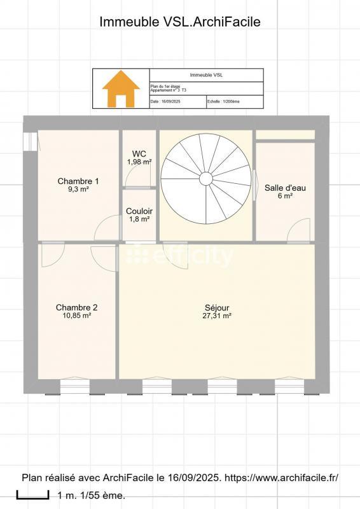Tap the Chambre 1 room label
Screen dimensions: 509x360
click(78, 181)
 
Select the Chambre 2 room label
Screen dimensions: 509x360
click(76, 307)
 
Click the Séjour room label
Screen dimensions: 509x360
click(218, 307)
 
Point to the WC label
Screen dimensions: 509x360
click(139, 154)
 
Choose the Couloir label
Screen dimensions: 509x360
click(139, 211)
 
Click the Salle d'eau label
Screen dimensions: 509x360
click(285, 188)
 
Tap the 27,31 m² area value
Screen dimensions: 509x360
click(218, 315)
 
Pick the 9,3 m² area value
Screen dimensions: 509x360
click(78, 189)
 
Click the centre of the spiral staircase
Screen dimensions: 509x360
click(205, 178)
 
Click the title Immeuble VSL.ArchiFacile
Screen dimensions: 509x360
click(180, 22)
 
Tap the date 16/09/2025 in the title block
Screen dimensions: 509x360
click(170, 101)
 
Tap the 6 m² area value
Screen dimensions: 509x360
click(285, 196)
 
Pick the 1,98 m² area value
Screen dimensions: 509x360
click(139, 162)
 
